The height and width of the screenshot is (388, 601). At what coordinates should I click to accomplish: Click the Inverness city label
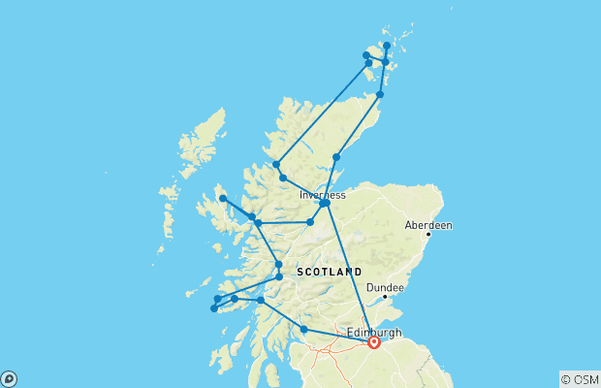pos(323,195)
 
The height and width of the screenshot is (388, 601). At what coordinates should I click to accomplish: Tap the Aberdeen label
pos(428,225)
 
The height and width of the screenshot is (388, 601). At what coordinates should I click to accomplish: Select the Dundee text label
pos(386,287)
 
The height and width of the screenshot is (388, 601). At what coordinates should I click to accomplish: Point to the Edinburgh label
pos(373,332)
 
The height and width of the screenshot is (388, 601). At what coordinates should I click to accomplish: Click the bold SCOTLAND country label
pos(330,272)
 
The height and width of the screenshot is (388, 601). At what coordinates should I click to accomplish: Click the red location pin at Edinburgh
pos(374,342)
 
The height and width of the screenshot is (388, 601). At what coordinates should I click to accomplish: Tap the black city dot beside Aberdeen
pos(428,234)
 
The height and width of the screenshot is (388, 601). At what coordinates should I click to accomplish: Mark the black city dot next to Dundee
pos(385,297)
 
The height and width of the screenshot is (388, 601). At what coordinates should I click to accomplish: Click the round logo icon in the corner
pos(8,379)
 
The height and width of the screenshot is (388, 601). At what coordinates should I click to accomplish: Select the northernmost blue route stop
pos(387,46)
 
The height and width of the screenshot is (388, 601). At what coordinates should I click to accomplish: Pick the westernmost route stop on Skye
pos(223,199)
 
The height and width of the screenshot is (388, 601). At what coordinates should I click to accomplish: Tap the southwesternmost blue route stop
pos(213,309)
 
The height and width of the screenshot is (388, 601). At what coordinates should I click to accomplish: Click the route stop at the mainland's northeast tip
pos(380,94)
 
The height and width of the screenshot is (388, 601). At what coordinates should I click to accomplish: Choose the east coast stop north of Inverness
pos(336,157)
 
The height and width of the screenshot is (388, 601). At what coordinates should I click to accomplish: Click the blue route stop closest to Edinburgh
pos(304,330)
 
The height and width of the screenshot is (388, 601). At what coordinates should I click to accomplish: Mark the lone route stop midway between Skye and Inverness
pos(310,222)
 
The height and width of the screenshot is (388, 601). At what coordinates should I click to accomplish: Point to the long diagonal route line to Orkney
pos(320,114)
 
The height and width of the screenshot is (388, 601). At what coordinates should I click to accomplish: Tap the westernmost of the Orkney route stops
pos(365,55)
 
